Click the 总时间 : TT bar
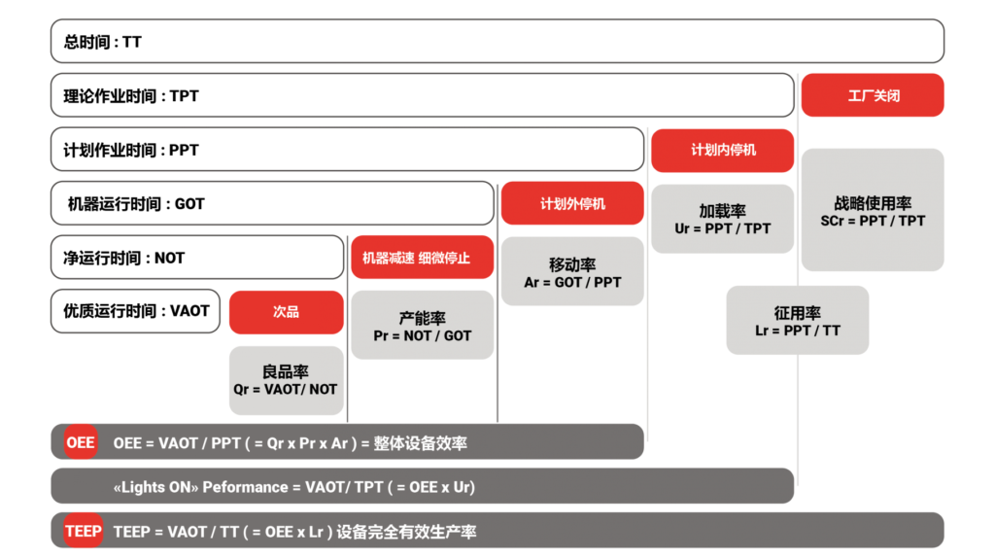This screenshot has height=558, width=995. (497, 41)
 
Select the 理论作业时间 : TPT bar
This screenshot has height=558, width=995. (423, 95)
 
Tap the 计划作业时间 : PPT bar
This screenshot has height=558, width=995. (348, 149)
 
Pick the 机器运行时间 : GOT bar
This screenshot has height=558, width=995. (272, 203)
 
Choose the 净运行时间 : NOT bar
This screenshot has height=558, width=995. (197, 257)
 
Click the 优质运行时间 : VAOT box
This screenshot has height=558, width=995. (135, 311)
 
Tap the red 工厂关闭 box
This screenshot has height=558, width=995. (873, 95)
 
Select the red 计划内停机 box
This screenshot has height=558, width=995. (723, 151)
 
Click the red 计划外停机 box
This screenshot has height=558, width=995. (572, 203)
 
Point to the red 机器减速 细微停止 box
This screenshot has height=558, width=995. (423, 257)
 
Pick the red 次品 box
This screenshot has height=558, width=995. (287, 312)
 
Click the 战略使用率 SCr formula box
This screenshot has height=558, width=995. (873, 210)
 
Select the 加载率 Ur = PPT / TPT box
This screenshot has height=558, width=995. (723, 219)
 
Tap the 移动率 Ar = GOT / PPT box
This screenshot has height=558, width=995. (572, 271)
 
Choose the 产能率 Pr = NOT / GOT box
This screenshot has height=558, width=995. (423, 325)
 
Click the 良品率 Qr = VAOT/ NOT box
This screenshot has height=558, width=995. (287, 380)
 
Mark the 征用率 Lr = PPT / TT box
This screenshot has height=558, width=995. (798, 320)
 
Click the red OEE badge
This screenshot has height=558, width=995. (81, 441)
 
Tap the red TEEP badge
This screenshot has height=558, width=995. (84, 531)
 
